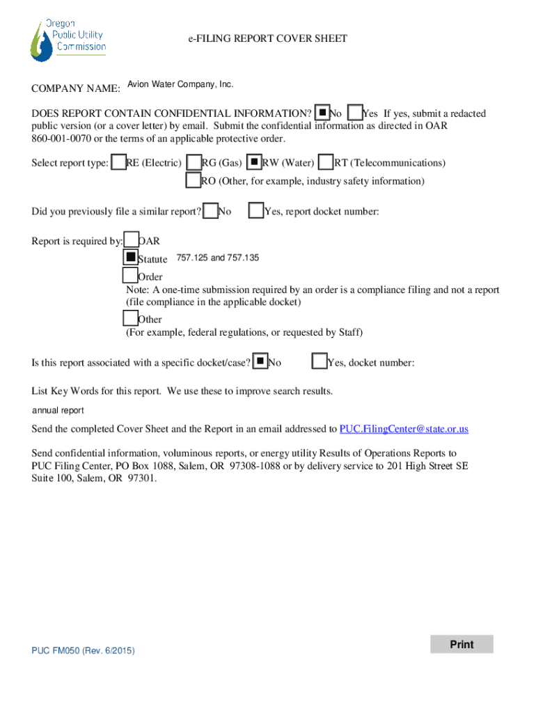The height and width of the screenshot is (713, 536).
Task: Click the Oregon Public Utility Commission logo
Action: (x=68, y=39)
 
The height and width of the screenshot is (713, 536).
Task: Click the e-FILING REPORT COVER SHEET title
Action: (x=267, y=39)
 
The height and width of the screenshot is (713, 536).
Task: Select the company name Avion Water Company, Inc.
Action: (x=180, y=84)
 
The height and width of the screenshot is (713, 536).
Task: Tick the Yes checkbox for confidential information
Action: (x=355, y=113)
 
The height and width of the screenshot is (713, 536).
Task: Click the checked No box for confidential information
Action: (x=322, y=113)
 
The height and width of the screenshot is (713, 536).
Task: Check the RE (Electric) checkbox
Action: (x=119, y=162)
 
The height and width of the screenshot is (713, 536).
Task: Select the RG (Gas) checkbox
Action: (x=194, y=162)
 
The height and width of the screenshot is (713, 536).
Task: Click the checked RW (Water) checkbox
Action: (x=255, y=162)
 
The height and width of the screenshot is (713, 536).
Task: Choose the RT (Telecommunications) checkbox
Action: (x=325, y=162)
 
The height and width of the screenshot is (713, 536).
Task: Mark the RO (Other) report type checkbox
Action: (x=194, y=180)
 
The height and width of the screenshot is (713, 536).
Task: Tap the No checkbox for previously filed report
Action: (x=210, y=211)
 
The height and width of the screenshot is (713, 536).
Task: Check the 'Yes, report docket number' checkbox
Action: (x=256, y=211)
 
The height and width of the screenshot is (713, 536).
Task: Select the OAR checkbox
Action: (x=131, y=240)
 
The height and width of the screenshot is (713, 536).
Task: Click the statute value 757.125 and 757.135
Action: (x=217, y=258)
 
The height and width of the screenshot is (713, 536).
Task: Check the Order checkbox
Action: (x=130, y=276)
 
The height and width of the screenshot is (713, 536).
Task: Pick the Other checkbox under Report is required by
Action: (x=130, y=318)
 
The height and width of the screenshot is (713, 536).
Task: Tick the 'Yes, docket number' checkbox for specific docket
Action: (x=320, y=361)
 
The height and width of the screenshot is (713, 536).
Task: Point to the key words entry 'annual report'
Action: (x=58, y=411)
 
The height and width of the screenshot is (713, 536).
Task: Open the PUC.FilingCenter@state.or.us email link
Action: (x=404, y=429)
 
